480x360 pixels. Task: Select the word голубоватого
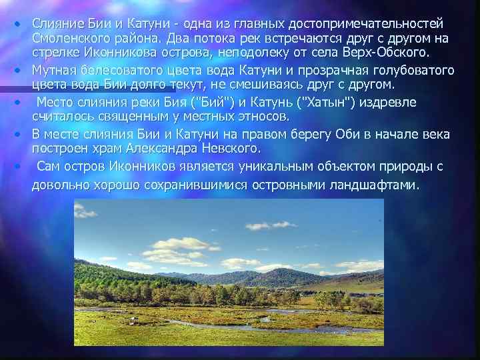pos(413,70)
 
